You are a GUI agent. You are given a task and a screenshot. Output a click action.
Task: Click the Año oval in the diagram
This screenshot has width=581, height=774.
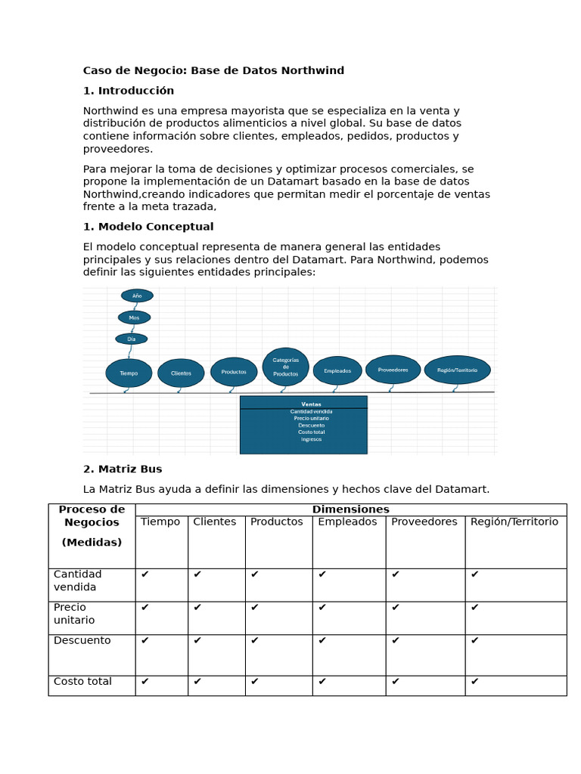pos(137,296)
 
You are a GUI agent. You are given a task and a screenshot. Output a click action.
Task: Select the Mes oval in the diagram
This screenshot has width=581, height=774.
pos(134,317)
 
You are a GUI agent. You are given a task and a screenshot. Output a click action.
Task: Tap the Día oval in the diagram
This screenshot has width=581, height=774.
pos(132,339)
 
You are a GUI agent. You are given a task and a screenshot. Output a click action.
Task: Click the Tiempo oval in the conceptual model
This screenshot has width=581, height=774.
pos(129,373)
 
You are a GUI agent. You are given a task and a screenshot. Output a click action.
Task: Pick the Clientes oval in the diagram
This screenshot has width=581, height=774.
pos(181,373)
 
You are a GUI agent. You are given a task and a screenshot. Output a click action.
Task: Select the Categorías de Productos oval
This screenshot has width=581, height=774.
pos(285,367)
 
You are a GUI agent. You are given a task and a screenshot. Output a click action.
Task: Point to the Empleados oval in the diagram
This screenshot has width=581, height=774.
pos(337,370)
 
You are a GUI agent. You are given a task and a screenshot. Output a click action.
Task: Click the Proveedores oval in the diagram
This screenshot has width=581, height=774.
pos(393,370)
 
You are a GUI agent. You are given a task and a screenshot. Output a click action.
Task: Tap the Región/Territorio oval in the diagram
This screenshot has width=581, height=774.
pos(457,370)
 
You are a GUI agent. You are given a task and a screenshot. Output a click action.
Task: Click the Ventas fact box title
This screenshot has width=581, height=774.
pos(311,404)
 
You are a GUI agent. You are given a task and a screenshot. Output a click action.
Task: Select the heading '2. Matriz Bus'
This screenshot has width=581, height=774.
pos(123,469)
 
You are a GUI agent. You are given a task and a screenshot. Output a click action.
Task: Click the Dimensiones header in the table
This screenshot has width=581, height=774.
pos(350,509)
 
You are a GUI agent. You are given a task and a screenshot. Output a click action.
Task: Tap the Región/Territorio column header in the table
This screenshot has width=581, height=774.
pos(514,522)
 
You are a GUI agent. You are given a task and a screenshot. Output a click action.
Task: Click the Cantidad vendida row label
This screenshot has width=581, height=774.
pos(77,580)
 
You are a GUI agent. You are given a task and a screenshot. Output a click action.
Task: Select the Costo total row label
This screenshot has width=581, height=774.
pos(82,681)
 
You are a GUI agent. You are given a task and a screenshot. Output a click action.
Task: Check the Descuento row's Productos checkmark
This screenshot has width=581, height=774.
pos(255,640)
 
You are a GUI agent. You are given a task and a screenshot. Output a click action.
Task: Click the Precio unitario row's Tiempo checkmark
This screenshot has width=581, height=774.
pos(145,607)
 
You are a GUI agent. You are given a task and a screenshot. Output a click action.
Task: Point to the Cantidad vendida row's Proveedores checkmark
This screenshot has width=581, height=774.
pos(396,574)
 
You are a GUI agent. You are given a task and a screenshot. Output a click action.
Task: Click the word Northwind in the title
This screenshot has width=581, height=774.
pos(312,70)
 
